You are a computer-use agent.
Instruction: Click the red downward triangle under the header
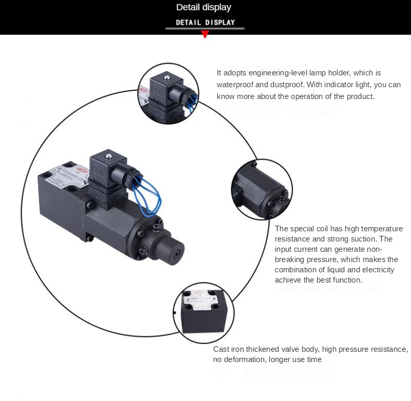point(205,34)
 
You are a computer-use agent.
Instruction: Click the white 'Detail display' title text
point(204,7)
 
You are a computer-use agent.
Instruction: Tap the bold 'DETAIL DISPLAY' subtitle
point(205,22)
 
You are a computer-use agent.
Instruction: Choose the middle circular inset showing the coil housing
point(261,188)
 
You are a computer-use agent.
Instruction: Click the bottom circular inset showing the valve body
point(203,311)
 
